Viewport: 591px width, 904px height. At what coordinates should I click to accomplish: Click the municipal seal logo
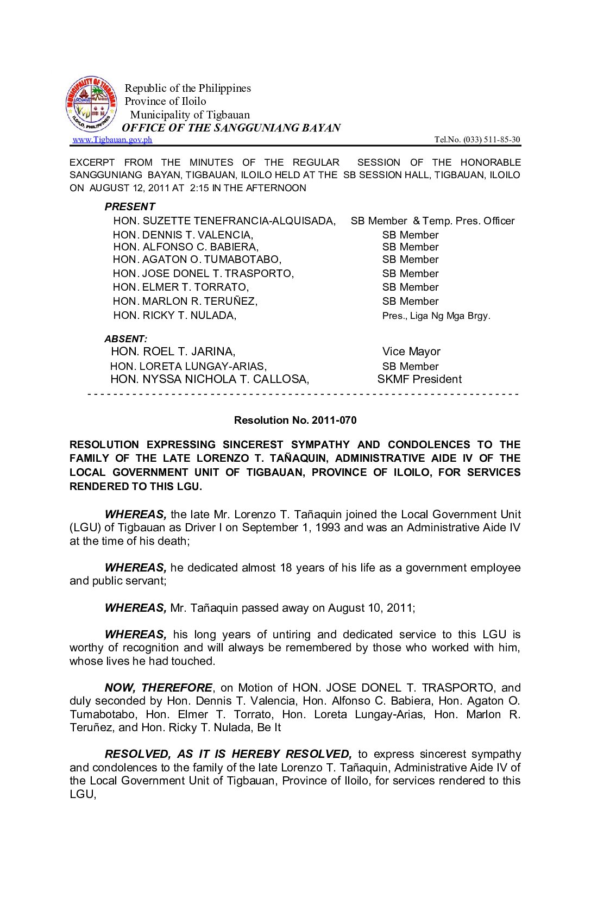91,104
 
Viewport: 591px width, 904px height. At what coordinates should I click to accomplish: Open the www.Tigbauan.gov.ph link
112,140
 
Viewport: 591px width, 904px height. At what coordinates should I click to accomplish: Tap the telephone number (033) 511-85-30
492,140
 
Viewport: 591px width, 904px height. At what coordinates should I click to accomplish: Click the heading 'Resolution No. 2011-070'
295,420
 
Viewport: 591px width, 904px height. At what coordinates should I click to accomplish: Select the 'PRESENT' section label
130,206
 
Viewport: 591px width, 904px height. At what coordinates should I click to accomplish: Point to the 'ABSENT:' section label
125,339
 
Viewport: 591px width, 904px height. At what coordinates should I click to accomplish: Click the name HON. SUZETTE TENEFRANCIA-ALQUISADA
224,221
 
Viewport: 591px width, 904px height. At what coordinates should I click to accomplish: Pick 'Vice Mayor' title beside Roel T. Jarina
411,351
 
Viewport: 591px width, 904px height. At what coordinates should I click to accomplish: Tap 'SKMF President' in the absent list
419,379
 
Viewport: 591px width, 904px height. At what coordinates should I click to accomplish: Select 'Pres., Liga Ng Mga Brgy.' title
436,316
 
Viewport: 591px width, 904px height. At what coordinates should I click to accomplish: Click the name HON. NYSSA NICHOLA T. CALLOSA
210,379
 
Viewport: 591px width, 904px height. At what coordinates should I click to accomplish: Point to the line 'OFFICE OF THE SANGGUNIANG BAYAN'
231,128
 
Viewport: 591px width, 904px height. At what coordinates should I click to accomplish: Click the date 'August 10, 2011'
371,608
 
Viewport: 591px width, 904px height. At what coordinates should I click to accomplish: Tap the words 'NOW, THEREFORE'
159,688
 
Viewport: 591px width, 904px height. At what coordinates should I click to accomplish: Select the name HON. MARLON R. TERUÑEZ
185,301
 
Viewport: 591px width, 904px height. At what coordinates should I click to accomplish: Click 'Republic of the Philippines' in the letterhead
188,88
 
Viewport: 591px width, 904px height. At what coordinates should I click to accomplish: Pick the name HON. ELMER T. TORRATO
181,287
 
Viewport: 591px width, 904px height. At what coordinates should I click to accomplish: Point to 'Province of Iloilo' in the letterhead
166,101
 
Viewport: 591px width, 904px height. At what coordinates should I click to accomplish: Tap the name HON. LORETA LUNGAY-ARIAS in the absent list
188,366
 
